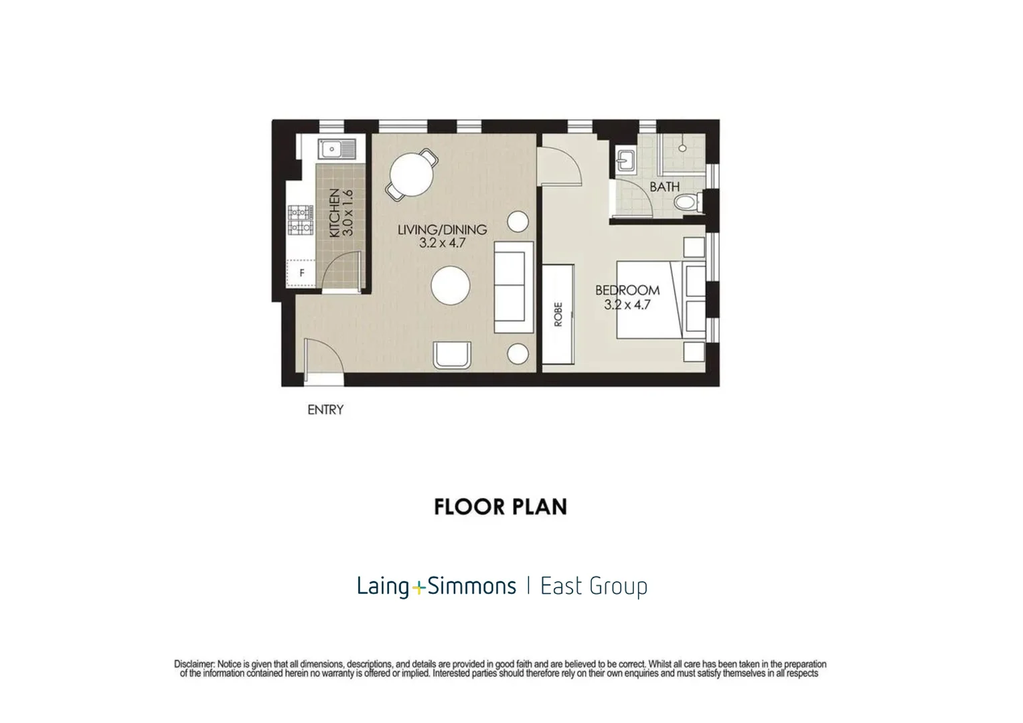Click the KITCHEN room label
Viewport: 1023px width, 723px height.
click(x=335, y=213)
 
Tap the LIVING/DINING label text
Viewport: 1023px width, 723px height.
click(x=442, y=230)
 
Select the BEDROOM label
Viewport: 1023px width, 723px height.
click(x=627, y=290)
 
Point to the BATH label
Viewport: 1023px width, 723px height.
click(x=665, y=187)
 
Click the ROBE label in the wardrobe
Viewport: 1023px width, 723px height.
click(x=558, y=314)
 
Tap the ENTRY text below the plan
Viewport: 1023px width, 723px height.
click(x=325, y=410)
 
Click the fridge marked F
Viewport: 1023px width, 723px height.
click(x=301, y=273)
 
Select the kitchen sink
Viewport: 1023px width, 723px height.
click(x=337, y=149)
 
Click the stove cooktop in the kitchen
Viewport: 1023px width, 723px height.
click(x=301, y=220)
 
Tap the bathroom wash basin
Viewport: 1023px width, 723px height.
click(x=625, y=161)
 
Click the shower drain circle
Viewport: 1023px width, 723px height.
click(x=682, y=148)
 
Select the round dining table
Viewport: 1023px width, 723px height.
click(x=412, y=175)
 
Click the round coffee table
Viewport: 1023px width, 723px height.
click(x=451, y=285)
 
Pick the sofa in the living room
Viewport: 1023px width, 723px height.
click(x=514, y=287)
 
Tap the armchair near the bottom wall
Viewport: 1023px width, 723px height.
click(x=452, y=355)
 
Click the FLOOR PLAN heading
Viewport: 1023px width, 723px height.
click(x=501, y=507)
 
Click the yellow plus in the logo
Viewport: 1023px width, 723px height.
click(x=418, y=587)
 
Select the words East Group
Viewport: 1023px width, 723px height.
click(x=594, y=586)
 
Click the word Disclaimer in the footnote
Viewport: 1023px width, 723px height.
click(x=194, y=664)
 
